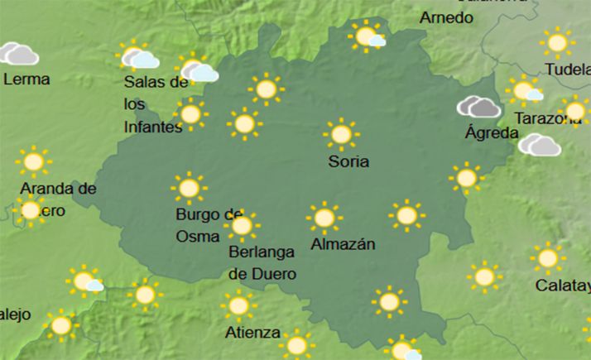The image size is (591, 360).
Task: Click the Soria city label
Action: (x=348, y=162)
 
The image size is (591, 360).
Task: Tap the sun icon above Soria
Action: (x=340, y=135)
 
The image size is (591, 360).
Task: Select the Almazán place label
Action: (x=343, y=244)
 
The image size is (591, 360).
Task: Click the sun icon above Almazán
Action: (x=324, y=218)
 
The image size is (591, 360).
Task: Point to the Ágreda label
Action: (x=492, y=132)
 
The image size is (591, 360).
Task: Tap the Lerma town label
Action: (x=26, y=79)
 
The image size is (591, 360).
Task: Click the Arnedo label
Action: (x=446, y=17)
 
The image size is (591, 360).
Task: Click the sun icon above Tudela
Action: (x=557, y=41)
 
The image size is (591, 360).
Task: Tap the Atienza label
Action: (x=252, y=333)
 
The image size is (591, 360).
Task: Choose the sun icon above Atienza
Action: (x=238, y=306)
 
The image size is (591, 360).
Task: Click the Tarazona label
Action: (x=547, y=119)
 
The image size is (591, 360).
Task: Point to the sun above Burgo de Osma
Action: (x=189, y=189)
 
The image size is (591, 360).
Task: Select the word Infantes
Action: (x=152, y=127)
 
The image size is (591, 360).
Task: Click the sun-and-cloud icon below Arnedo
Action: (x=367, y=36)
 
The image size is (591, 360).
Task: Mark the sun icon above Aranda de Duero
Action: (x=33, y=161)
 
